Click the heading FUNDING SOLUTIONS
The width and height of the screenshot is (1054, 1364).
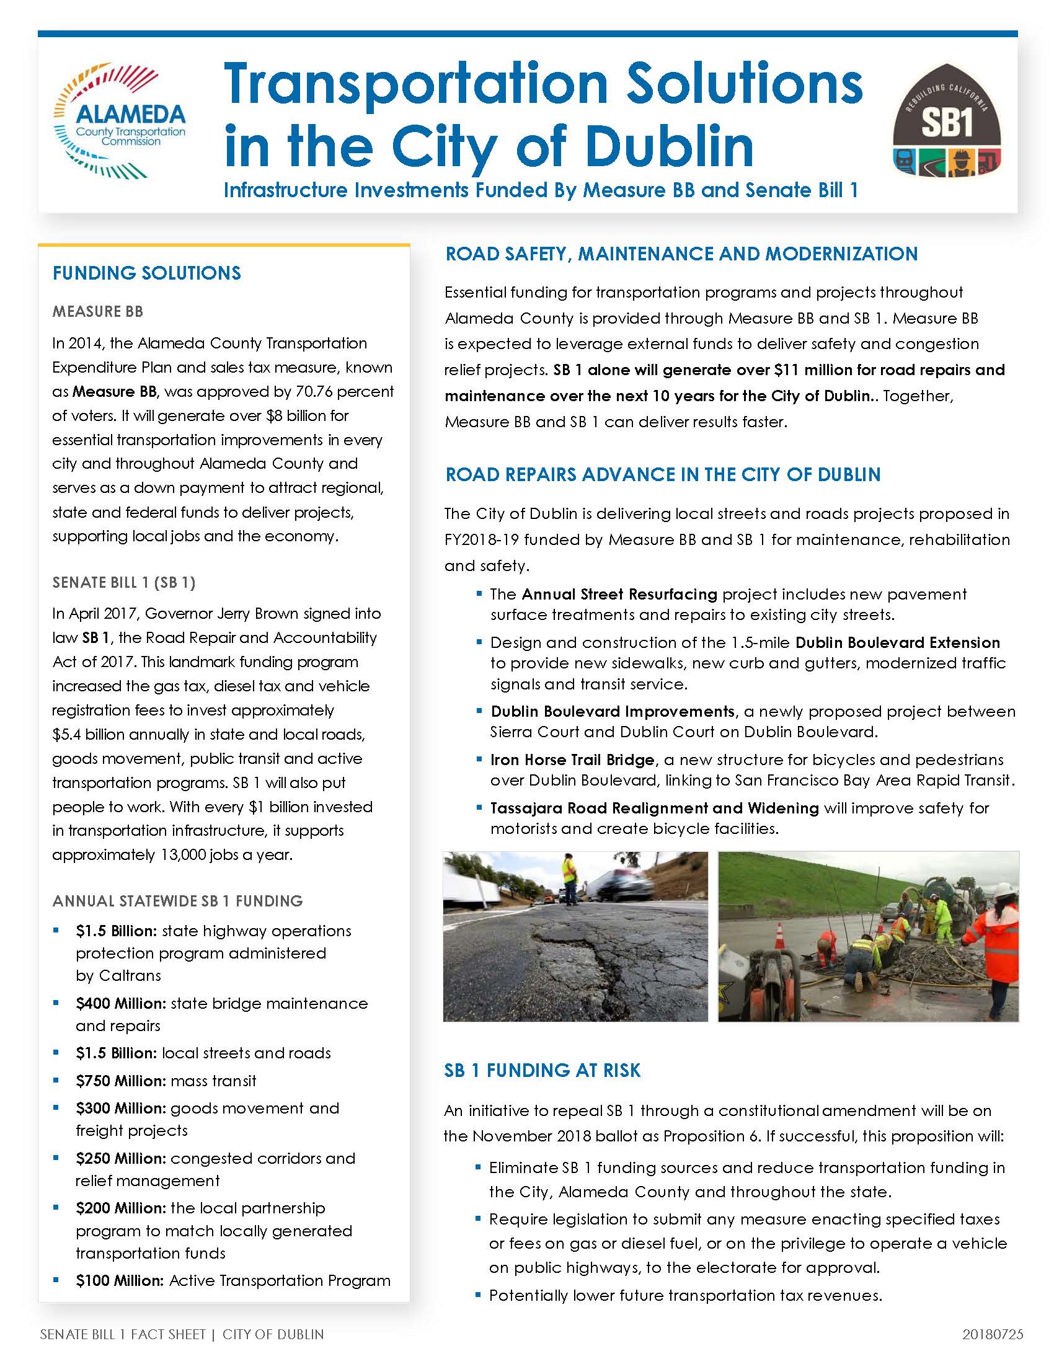point(147,273)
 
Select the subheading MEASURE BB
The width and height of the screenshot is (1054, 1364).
point(98,311)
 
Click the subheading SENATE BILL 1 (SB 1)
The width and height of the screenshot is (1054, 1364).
point(123,582)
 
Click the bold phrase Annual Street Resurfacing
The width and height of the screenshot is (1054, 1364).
point(619,594)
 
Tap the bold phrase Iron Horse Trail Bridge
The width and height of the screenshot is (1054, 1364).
point(572,760)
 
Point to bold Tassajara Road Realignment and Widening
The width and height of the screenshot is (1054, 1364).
point(653,808)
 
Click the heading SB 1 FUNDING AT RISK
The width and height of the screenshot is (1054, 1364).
point(542,1071)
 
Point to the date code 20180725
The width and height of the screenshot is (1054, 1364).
point(993,1335)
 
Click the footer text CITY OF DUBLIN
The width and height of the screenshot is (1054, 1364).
point(273,1335)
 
